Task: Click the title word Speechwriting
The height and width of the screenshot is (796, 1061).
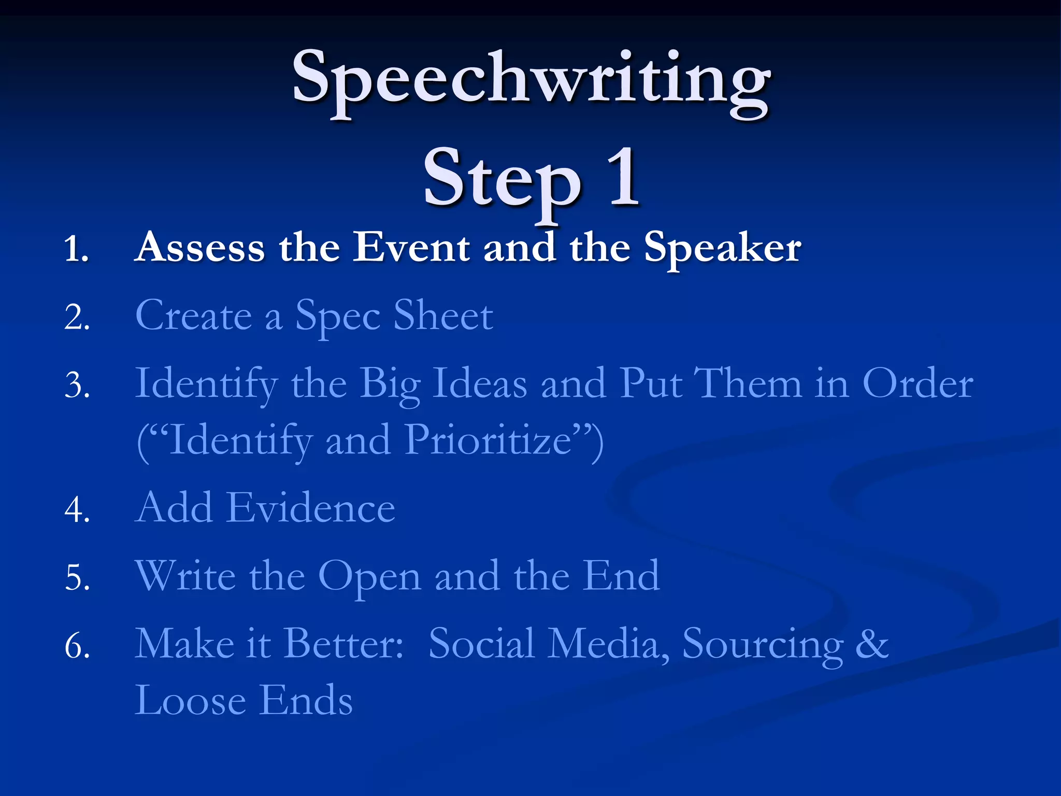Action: (x=530, y=80)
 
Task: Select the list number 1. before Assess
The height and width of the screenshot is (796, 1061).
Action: (x=77, y=249)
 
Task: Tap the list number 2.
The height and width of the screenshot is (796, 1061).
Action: (x=77, y=317)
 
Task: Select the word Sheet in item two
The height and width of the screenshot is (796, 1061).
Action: (x=443, y=316)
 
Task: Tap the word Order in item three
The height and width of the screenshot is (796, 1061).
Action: (x=917, y=384)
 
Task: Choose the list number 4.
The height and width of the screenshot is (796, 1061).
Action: (x=77, y=509)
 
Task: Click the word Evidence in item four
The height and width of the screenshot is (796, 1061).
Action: (x=311, y=508)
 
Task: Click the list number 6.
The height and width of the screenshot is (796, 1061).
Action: (x=77, y=647)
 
